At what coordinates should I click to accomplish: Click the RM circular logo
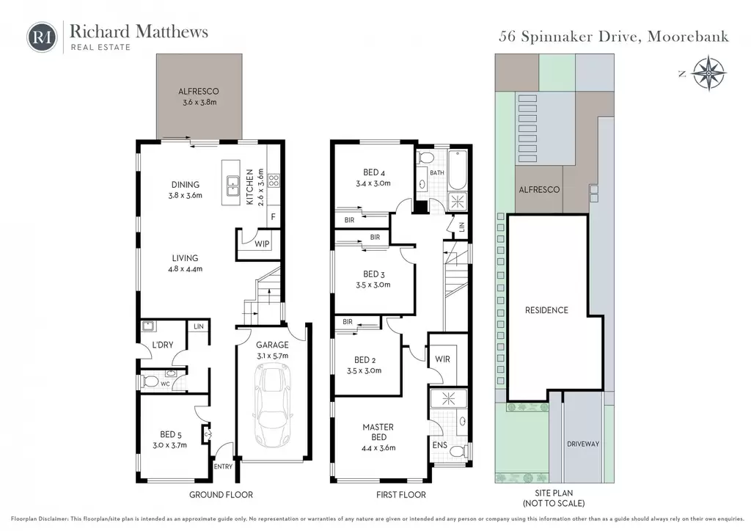42,37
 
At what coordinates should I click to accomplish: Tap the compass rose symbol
709,73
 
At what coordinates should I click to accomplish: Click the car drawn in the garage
274,406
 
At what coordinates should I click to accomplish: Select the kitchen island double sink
233,186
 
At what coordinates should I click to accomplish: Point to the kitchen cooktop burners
274,180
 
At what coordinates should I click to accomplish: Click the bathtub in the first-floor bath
458,169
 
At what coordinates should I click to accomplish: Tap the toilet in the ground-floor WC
150,381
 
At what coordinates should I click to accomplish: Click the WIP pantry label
262,243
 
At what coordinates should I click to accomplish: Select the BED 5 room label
170,434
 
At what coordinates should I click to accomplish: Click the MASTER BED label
378,432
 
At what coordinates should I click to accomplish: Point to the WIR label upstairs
442,359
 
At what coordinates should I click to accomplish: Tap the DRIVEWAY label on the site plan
583,444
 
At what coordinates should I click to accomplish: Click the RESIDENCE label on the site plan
546,310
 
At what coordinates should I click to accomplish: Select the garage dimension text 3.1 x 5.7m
273,356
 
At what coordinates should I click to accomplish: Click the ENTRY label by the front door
223,466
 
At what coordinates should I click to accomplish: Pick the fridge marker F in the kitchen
273,217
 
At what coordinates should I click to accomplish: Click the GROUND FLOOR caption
221,494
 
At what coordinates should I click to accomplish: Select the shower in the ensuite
448,398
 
